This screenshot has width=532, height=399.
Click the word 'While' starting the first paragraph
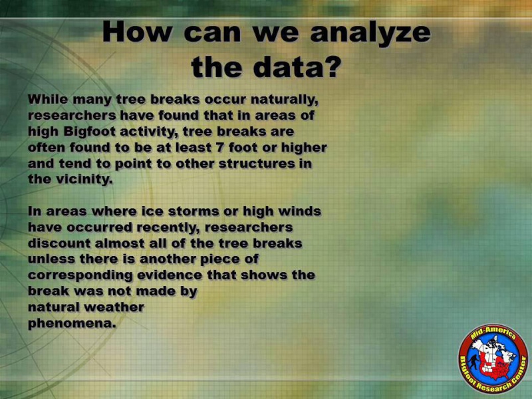coord(48,99)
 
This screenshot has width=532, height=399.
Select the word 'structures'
coord(257,164)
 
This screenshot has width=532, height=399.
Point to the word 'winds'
coord(300,211)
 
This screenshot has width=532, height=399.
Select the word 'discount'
coord(59,243)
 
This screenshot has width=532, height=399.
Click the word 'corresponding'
coord(80,275)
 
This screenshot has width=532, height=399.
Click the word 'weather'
coord(114,307)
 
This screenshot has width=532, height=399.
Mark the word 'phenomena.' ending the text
coord(72,324)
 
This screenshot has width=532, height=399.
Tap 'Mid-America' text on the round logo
coord(493,334)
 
